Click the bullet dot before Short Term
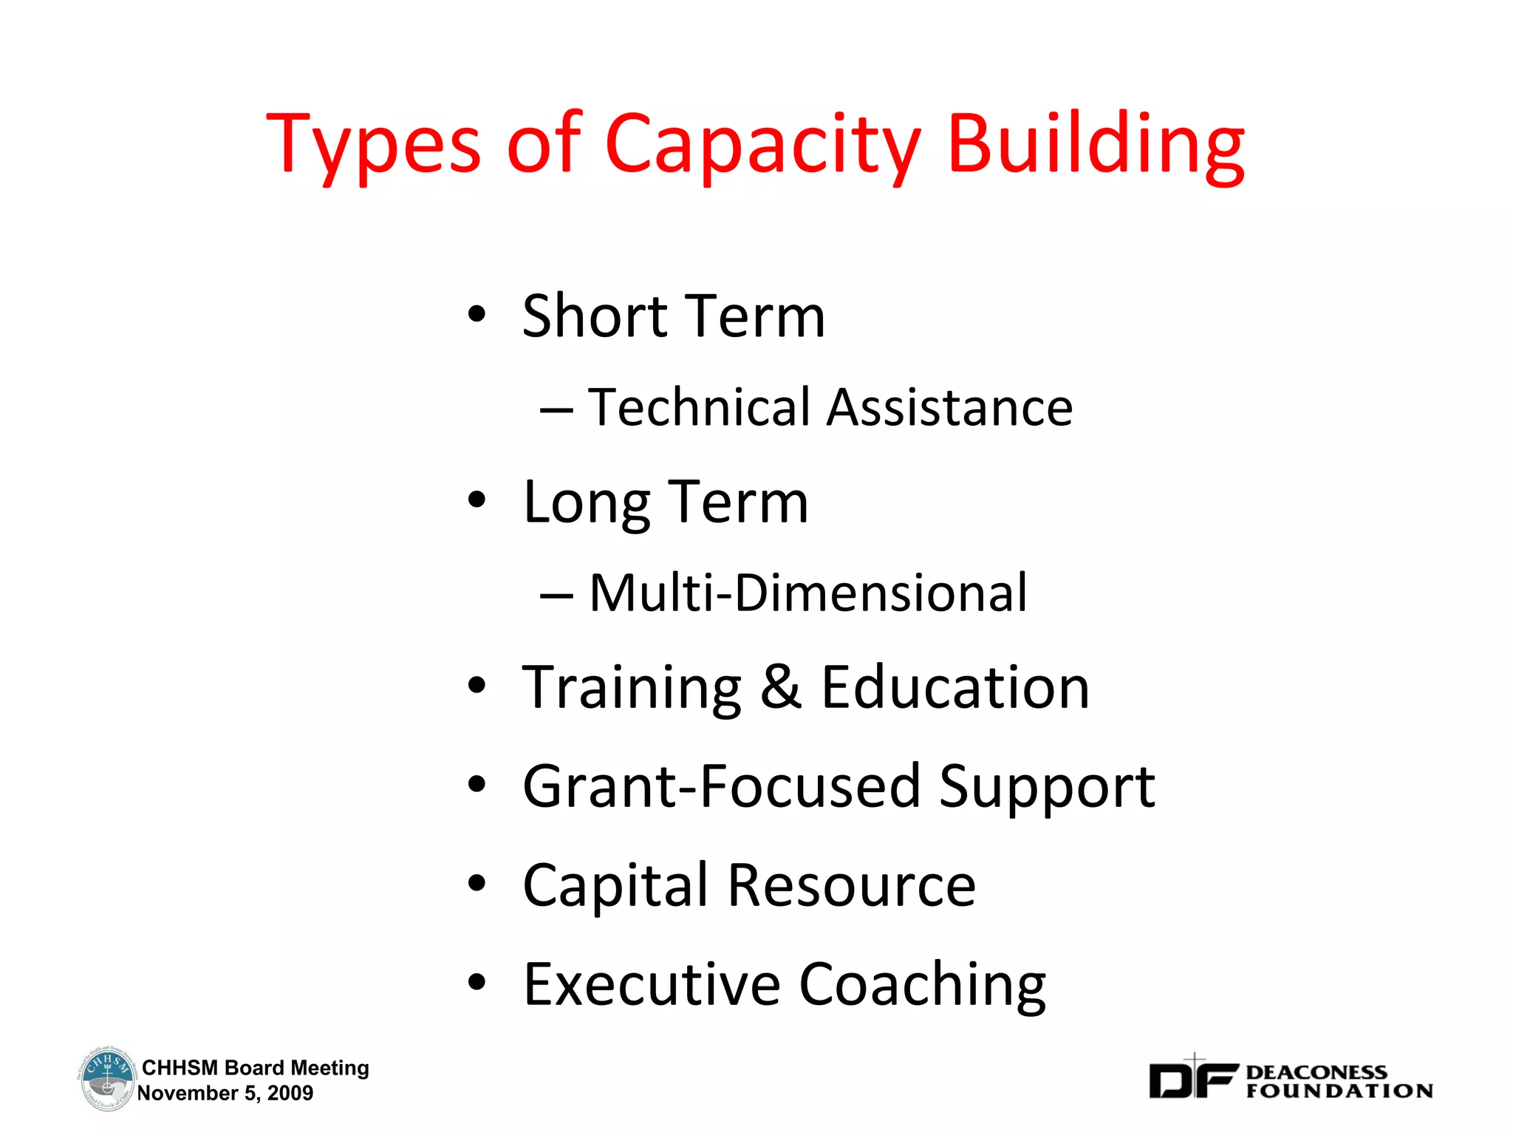tap(477, 315)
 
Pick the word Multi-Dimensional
tap(808, 593)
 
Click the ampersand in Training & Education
tap(781, 687)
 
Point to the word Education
tap(955, 687)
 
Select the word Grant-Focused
tap(720, 786)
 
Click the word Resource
tap(852, 885)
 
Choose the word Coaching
tap(923, 985)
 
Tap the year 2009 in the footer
tap(290, 1094)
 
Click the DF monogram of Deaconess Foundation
tap(1192, 1080)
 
